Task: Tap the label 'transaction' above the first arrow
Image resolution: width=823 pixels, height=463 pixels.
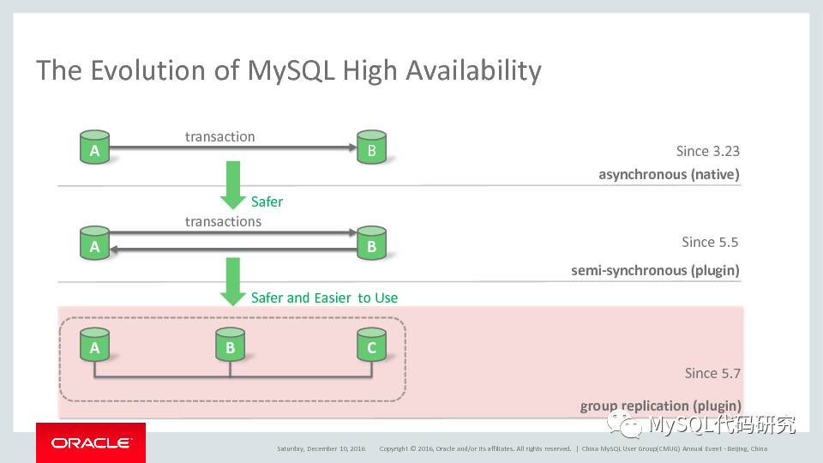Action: click(x=220, y=136)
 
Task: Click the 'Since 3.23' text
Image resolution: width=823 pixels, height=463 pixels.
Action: click(x=707, y=151)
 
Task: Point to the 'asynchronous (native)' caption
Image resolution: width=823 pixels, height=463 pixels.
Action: click(x=669, y=175)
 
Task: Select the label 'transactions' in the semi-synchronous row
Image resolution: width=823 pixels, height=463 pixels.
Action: click(x=223, y=221)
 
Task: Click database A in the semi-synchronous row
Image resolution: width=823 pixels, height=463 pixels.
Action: click(x=94, y=244)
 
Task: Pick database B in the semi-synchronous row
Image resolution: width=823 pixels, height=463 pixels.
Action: click(x=371, y=244)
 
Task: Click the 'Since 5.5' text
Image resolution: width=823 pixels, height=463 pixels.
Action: click(x=710, y=242)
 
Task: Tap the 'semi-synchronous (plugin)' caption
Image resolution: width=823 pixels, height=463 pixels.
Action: click(x=655, y=271)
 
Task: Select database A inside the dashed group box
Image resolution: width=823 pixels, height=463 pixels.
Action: click(x=94, y=345)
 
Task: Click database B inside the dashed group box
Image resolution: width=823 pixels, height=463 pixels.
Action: click(x=230, y=345)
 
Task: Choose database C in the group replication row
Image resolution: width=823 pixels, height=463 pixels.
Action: click(x=371, y=345)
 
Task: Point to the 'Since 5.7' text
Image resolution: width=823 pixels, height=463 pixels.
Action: click(x=712, y=373)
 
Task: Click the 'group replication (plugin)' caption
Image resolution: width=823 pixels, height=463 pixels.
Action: click(x=660, y=406)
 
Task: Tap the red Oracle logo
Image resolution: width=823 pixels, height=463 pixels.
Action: click(x=90, y=442)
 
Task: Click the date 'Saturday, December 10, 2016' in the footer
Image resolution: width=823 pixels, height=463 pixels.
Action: click(x=321, y=448)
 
